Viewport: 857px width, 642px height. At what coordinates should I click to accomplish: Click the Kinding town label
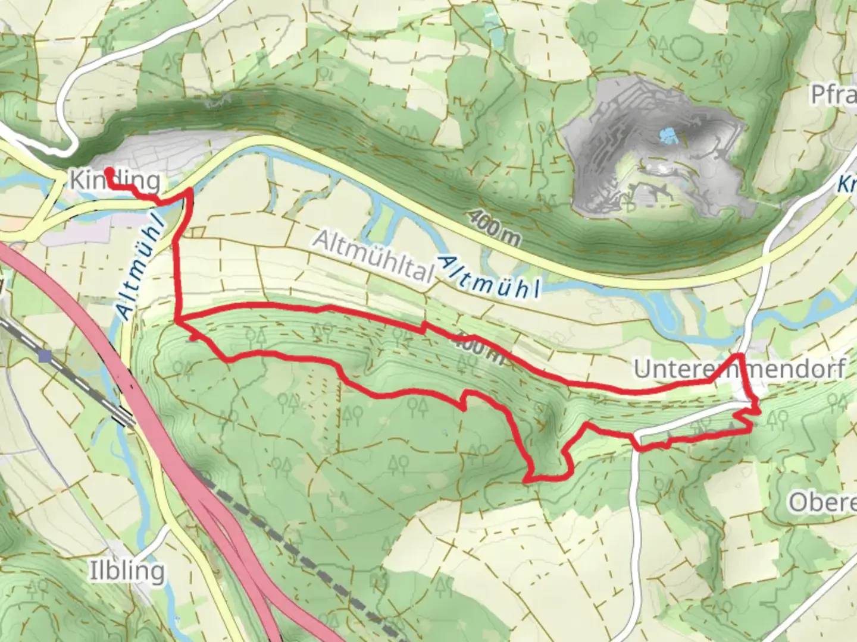(115, 180)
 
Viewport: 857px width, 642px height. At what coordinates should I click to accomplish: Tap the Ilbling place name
(127, 571)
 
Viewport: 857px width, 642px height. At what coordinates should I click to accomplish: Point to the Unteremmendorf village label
(739, 369)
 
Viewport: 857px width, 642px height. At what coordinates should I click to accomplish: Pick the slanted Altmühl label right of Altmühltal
(489, 277)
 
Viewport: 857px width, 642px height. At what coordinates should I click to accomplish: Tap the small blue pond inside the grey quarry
(668, 136)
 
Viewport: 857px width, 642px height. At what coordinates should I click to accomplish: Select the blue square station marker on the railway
(45, 355)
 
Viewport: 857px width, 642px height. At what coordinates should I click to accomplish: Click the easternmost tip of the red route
(759, 410)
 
